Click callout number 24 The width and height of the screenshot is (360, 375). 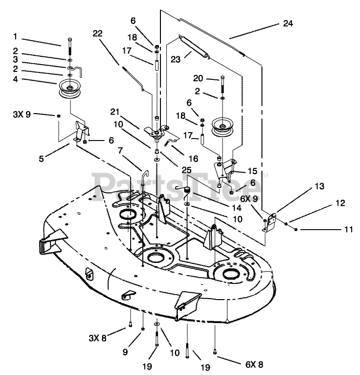click(288, 23)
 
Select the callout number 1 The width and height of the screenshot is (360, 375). click(15, 37)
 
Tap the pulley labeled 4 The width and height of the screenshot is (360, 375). click(70, 88)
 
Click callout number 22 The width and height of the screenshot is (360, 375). click(97, 33)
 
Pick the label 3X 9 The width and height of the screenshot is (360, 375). click(22, 115)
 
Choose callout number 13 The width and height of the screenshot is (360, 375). click(319, 186)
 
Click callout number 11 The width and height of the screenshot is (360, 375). click(349, 229)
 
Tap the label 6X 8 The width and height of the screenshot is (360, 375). click(254, 365)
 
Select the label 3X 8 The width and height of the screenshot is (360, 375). click(97, 338)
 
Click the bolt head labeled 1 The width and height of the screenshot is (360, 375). click(70, 40)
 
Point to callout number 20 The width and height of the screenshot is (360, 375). click(198, 78)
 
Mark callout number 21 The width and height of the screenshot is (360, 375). click(115, 112)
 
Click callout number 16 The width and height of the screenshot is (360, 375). click(194, 159)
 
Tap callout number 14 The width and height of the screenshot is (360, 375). click(237, 208)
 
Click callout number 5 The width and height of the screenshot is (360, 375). click(41, 159)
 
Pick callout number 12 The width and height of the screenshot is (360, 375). click(340, 203)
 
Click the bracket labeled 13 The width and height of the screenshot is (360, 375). click(270, 222)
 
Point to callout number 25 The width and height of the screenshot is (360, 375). click(186, 170)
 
